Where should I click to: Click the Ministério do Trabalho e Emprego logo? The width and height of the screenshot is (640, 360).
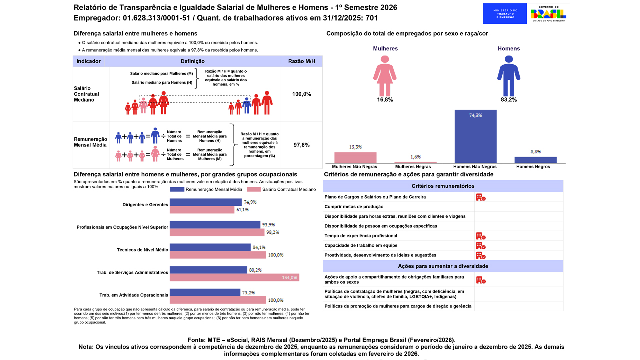[505, 14]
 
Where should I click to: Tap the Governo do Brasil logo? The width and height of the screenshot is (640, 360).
[548, 14]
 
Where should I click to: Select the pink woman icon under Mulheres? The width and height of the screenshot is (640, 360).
[385, 75]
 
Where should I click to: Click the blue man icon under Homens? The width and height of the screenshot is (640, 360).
[508, 75]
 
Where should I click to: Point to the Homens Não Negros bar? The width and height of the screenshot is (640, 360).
[475, 136]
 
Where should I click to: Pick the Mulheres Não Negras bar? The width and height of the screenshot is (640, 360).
[355, 157]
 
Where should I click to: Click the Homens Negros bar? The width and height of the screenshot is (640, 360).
[535, 160]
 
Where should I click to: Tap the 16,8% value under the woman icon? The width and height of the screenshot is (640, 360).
[385, 100]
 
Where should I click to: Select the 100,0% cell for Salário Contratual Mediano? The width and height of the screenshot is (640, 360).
[302, 94]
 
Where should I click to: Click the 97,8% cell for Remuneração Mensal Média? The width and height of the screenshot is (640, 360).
[302, 145]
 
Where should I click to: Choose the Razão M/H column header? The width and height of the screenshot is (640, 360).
[302, 61]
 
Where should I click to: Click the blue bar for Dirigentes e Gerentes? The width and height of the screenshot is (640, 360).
[206, 202]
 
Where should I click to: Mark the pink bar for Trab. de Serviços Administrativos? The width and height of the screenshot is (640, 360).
[234, 277]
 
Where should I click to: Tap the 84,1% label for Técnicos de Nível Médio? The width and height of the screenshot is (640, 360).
[259, 247]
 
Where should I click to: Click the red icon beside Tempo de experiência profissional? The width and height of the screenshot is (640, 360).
[481, 236]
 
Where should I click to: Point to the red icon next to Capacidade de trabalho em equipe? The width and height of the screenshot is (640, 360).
[481, 245]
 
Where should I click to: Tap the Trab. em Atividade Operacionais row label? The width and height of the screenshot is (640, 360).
[134, 295]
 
